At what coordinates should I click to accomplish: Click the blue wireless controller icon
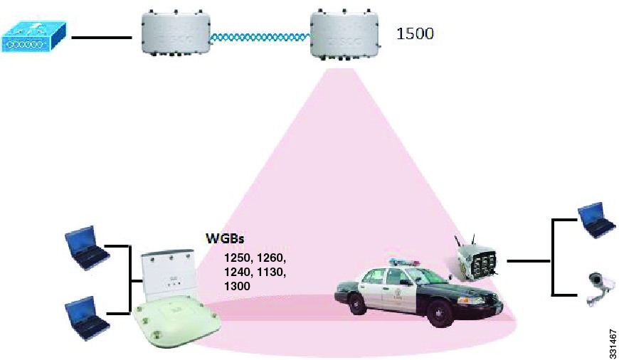tap(34, 37)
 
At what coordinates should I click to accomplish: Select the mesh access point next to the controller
tap(176, 35)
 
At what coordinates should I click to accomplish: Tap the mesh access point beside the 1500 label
tap(344, 35)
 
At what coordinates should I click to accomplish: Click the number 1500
tap(415, 33)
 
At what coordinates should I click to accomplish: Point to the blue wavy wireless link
tap(260, 38)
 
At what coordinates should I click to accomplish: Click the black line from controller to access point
tap(102, 38)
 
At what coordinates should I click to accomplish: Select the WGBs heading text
tap(225, 238)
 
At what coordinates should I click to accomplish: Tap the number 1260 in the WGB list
tap(271, 258)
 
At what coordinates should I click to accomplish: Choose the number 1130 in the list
tap(271, 272)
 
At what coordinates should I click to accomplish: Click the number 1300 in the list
tap(237, 286)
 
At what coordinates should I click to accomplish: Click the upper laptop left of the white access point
tap(87, 247)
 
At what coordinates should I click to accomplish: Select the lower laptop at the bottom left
tap(87, 318)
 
